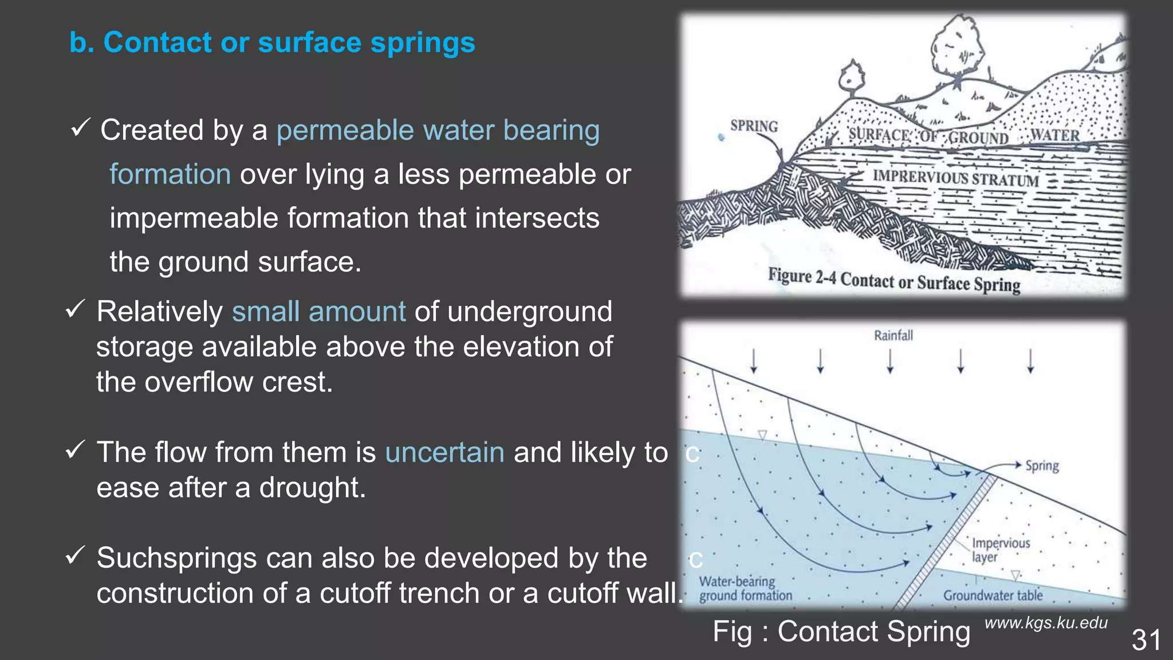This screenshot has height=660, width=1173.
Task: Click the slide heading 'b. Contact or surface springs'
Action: point(272,42)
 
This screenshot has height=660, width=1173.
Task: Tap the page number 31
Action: point(1146,640)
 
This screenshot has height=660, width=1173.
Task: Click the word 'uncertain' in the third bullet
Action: point(444,453)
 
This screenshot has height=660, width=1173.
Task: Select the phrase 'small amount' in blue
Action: point(318,312)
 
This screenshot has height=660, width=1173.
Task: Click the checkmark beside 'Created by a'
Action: point(80,128)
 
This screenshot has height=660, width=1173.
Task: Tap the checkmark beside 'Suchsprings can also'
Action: point(76,555)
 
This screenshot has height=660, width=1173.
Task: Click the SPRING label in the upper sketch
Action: point(754,126)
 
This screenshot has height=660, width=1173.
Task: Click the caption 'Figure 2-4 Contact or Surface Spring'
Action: point(894,281)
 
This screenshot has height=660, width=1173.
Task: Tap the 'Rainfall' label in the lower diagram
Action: point(893,335)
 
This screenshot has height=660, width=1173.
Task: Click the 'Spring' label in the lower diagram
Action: point(1042,465)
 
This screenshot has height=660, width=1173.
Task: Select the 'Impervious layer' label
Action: point(1000,550)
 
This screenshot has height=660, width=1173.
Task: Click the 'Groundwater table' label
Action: point(993,595)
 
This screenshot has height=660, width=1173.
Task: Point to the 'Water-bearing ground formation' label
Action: point(745,588)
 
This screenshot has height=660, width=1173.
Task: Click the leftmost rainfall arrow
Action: point(754,362)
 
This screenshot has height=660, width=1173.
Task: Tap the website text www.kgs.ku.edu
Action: point(1046,623)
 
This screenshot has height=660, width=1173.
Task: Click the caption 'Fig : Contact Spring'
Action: point(841,631)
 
